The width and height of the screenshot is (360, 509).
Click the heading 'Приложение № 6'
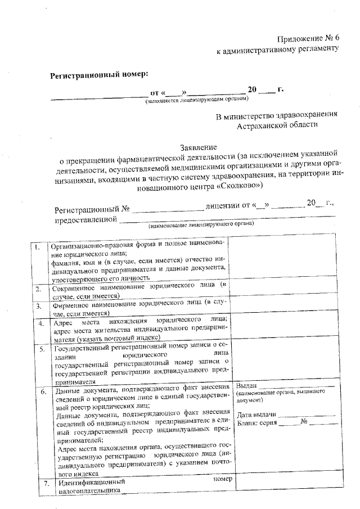coord(309,38)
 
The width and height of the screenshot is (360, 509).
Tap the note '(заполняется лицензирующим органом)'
coord(196,99)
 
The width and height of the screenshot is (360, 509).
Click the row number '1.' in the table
coord(37,247)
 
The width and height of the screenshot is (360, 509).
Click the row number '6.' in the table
coord(44,390)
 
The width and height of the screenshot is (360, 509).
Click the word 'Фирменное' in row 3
coord(72,303)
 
